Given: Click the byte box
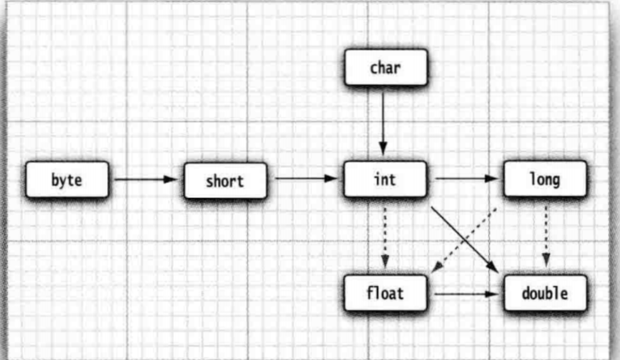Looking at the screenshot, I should click(67, 180).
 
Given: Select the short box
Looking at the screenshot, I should click(225, 181).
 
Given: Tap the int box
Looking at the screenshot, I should click(385, 179).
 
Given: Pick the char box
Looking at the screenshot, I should click(385, 68).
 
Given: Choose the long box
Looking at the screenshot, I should click(545, 179).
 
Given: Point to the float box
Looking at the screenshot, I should click(385, 293).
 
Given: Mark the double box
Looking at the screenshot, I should click(545, 293).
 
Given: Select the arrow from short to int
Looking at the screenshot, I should click(304, 178).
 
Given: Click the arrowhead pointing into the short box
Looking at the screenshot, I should click(172, 179).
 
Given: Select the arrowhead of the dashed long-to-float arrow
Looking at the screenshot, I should click(436, 268).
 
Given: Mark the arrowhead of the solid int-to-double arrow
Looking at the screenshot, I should click(493, 268).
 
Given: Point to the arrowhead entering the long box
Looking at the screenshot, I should click(492, 178).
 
